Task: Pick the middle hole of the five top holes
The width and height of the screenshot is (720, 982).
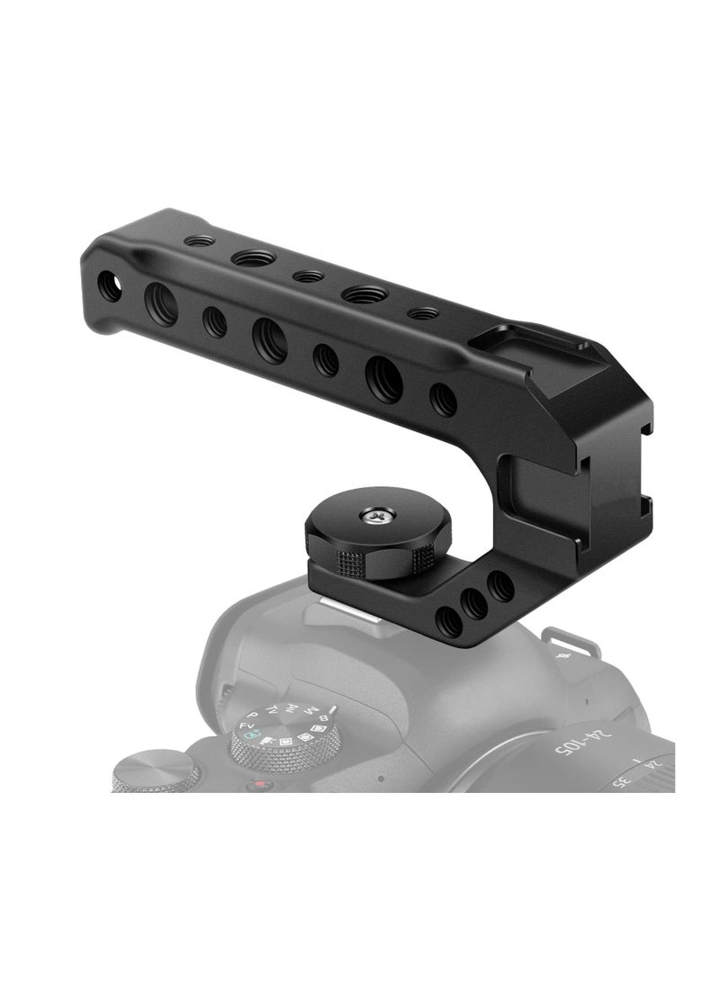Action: pyautogui.click(x=308, y=276)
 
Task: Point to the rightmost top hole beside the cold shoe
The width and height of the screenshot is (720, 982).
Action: pyautogui.click(x=422, y=313)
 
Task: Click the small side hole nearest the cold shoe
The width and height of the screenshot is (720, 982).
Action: pyautogui.click(x=442, y=399)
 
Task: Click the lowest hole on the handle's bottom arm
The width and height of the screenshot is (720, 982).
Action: pyautogui.click(x=447, y=620)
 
